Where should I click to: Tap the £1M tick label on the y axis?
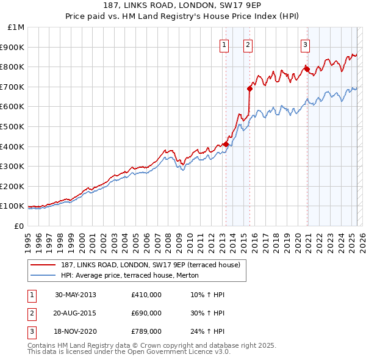coord(16,27)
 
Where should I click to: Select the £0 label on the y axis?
coord(20,226)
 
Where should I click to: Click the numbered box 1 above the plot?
coord(224,44)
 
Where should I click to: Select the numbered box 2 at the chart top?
coord(248,44)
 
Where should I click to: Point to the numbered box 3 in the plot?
coord(304,44)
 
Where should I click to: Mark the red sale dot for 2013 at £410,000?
coord(226,144)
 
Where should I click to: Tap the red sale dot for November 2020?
coord(307,69)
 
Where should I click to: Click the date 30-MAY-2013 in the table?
coord(75,295)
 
